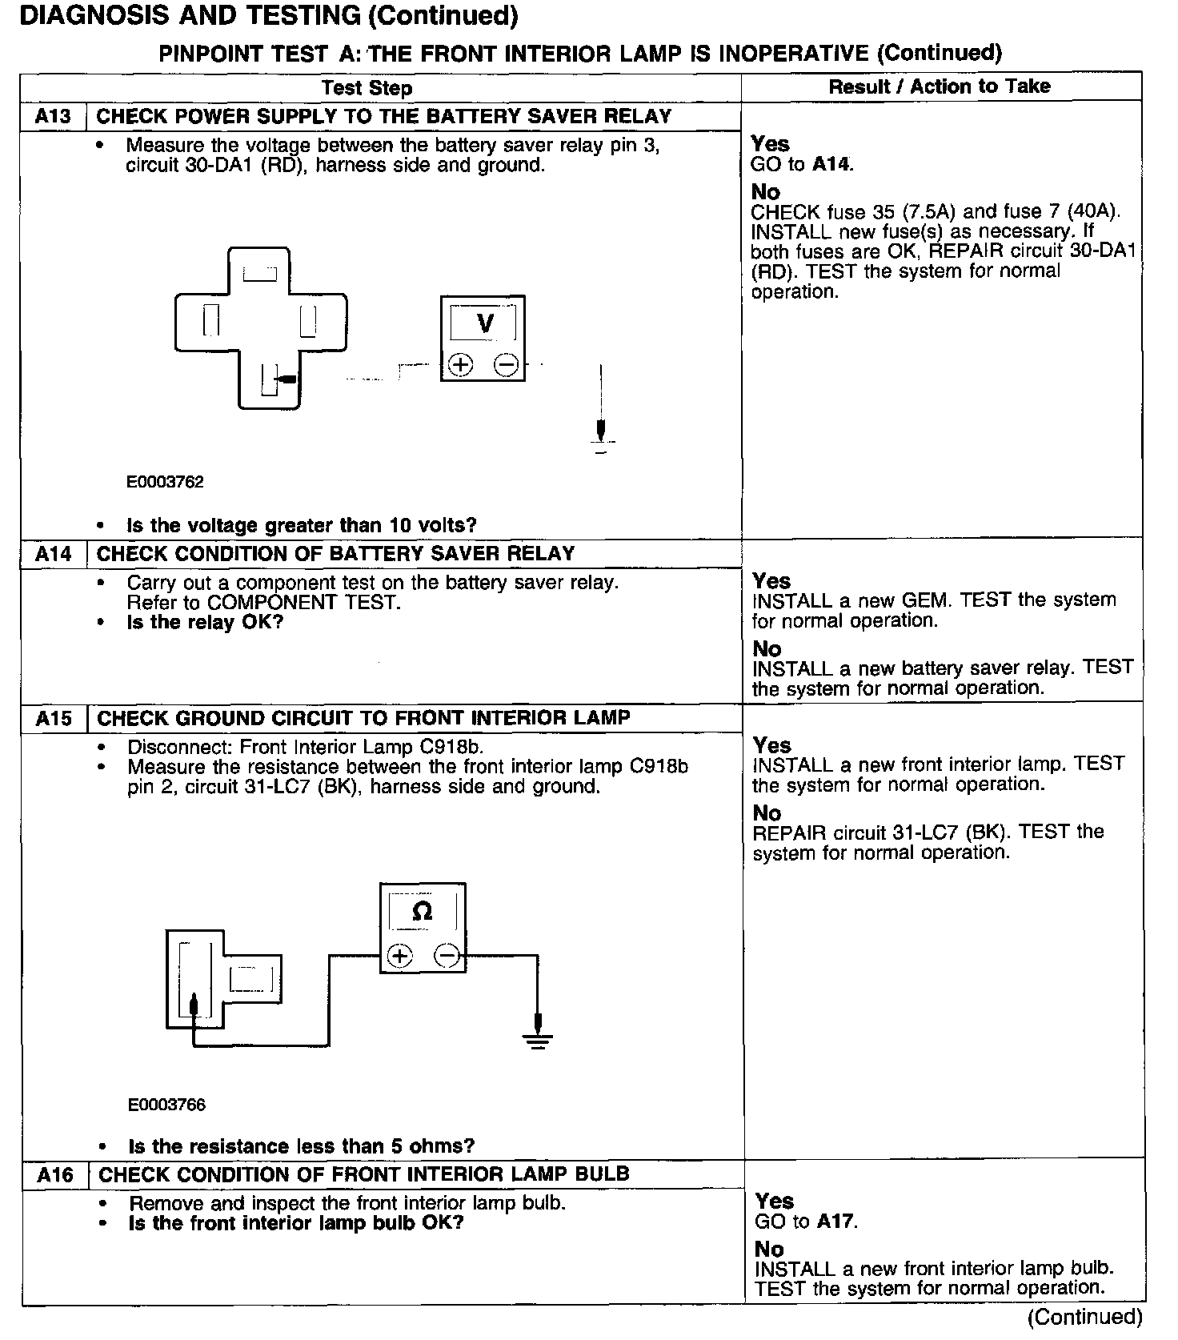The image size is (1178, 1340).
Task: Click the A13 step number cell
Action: [53, 117]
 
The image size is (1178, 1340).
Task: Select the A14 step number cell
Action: [54, 554]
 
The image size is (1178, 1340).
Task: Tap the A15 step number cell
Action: [54, 718]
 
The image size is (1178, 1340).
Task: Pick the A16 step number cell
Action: [54, 1175]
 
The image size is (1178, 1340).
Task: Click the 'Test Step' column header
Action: [367, 88]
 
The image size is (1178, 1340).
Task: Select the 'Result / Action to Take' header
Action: [940, 86]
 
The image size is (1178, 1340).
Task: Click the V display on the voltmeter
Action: [484, 323]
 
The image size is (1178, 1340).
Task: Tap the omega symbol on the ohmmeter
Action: [422, 911]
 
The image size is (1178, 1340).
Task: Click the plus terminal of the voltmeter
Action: [460, 365]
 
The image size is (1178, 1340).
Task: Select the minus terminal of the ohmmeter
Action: [447, 955]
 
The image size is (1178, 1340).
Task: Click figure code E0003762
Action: [165, 482]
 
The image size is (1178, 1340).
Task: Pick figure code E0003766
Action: [166, 1105]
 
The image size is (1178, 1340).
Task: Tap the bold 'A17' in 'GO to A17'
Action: [836, 1222]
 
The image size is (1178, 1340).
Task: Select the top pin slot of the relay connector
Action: [260, 274]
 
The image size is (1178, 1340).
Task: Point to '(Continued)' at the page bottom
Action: [1084, 1317]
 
